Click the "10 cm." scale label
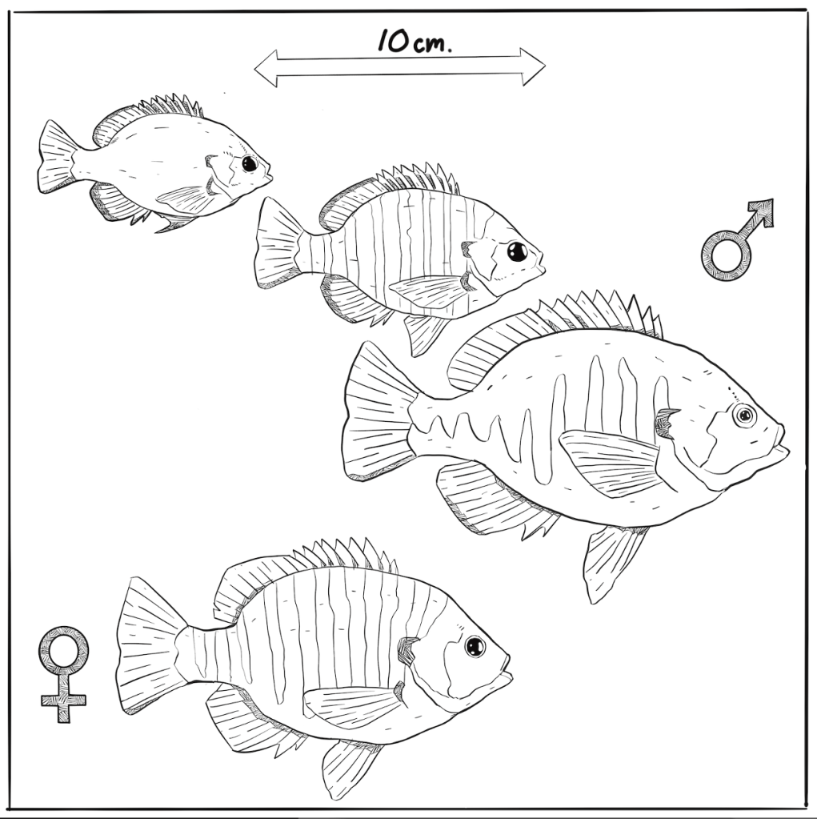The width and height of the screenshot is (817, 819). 415,41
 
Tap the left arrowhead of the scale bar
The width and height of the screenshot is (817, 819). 266,68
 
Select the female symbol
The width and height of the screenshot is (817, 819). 63,674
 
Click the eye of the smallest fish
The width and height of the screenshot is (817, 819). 250,163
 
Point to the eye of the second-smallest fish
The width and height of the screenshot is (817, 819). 518,251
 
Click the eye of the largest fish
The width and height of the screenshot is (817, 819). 744,416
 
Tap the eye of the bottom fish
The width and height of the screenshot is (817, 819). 475,647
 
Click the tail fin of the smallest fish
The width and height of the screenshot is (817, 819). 56,157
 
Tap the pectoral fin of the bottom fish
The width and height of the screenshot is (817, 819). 355,707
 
